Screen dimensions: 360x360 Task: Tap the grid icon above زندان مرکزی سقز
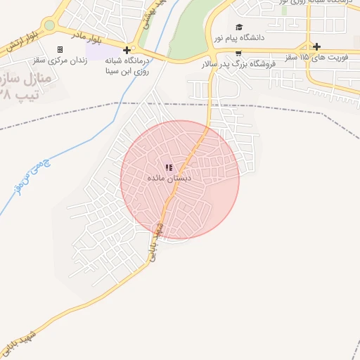click(x=60, y=49)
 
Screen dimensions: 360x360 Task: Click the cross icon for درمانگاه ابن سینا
click(x=127, y=50)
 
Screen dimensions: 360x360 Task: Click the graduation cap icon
click(x=239, y=27)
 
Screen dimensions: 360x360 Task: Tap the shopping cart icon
click(x=238, y=53)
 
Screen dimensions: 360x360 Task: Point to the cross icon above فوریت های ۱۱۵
click(x=317, y=46)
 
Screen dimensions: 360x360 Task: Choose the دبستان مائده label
click(x=169, y=179)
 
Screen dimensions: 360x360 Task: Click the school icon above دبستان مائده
click(x=169, y=167)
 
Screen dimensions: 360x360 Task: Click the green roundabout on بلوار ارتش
click(x=49, y=26)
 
